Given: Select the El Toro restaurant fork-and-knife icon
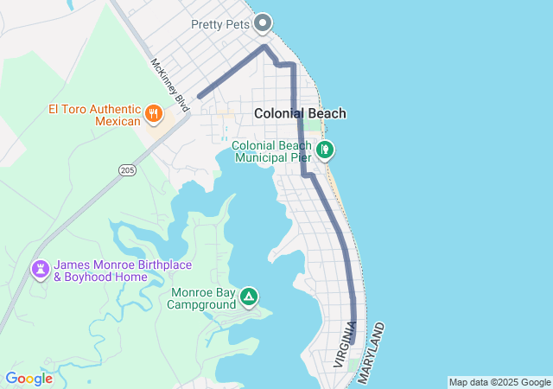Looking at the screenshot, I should click(154, 113).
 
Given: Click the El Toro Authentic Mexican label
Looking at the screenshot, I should click(94, 115).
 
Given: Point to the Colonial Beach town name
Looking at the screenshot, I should click(300, 113).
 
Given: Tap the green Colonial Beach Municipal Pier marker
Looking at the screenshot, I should click(325, 150).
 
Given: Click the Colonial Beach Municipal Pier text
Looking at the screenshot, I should click(270, 152).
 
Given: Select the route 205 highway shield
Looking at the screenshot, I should click(128, 171).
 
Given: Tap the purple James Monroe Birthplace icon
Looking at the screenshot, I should click(40, 270).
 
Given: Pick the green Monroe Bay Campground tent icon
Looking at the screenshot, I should click(249, 297).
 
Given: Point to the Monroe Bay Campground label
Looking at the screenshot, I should click(201, 298).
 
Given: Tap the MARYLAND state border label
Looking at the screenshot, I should click(370, 353).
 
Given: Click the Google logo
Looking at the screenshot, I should click(29, 379).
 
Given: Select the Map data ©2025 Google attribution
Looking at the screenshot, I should click(499, 382).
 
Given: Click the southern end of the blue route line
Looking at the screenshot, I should click(353, 342).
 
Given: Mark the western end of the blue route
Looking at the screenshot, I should click(200, 97).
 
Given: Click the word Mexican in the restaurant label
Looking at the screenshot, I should click(118, 122).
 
